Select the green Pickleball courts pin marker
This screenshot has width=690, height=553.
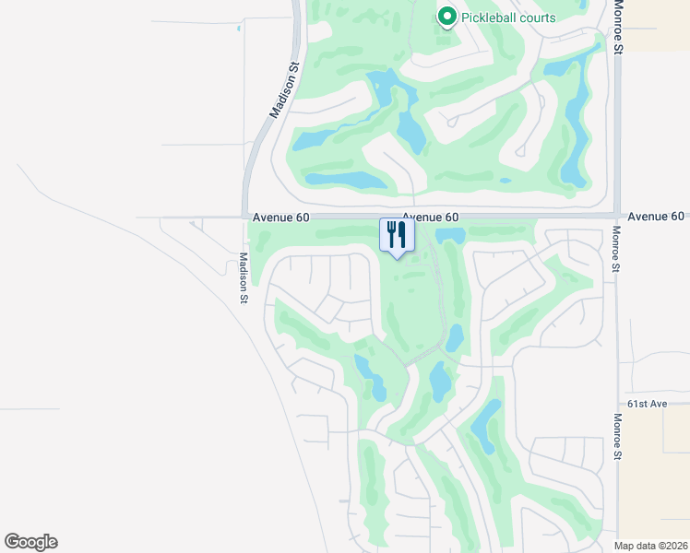coord(447,16)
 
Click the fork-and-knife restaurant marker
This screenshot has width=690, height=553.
coord(398,236)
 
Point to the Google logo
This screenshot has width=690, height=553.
coord(30,542)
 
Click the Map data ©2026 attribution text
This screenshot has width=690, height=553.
coord(651,546)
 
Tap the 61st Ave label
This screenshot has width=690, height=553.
coord(647,404)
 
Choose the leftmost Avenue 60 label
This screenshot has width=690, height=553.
coord(280,217)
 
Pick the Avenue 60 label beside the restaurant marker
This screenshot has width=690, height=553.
coord(432,217)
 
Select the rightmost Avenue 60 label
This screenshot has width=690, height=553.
coord(656,216)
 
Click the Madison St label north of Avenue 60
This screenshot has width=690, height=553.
coord(285,90)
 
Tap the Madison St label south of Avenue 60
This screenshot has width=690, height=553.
coord(244,277)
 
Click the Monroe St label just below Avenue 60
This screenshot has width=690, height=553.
coord(615,250)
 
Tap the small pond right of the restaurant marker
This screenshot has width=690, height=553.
coord(450,235)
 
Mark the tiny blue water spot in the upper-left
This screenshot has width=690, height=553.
coord(238,28)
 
